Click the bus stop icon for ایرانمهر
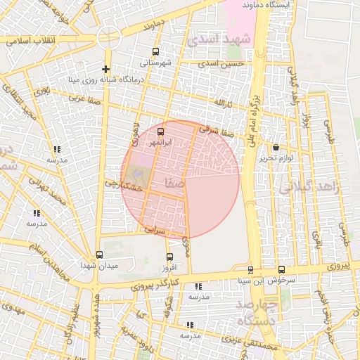[160, 131]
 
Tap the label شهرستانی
[156, 62]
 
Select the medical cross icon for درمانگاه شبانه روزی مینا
[105, 69]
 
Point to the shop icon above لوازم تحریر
[275, 148]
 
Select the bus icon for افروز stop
[169, 257]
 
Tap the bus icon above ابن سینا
[250, 270]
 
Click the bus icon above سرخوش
[281, 269]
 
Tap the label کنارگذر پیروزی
[155, 285]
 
